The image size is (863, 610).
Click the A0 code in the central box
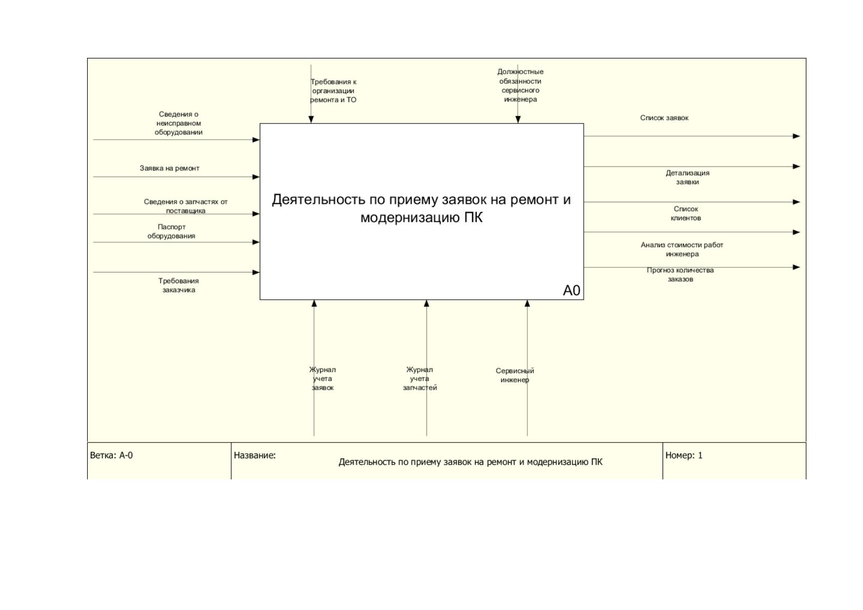point(571,290)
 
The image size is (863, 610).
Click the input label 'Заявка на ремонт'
point(170,169)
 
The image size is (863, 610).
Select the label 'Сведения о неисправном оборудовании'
point(178,123)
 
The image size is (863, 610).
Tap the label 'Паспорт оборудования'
point(172,232)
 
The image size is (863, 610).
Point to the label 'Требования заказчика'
point(178,285)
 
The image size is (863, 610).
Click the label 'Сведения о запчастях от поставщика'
point(186,206)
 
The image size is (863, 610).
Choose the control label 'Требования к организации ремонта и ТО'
point(333,91)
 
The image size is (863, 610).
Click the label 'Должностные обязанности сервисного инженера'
point(520,86)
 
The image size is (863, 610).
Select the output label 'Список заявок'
point(664,118)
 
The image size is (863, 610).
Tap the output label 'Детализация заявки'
point(687,178)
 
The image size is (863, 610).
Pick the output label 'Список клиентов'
point(686,214)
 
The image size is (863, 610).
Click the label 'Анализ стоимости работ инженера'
point(682,249)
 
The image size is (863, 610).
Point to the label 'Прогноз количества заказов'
point(680,275)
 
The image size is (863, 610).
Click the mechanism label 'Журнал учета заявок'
point(322,378)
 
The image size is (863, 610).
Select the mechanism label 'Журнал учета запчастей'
point(420,378)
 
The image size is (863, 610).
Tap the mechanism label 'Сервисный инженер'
point(515,375)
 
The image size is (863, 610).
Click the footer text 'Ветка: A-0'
point(111,455)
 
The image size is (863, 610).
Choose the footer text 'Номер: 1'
point(684,455)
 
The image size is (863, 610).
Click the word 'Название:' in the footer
point(255,455)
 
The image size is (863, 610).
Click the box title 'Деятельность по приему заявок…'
point(421,208)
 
